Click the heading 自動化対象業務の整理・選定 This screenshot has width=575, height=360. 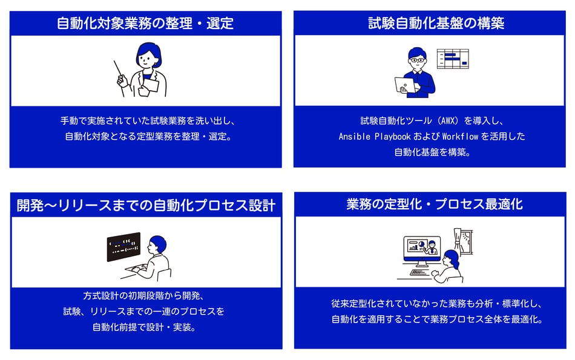tap(145, 24)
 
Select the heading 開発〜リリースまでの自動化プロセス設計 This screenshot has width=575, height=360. tap(146, 205)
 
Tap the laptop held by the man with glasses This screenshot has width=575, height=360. tap(405, 85)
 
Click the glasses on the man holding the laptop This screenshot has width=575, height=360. tap(417, 61)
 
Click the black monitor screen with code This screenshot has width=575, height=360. tap(123, 247)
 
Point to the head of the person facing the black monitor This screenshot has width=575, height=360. tap(158, 244)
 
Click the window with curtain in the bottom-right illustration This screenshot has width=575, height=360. tap(463, 242)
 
